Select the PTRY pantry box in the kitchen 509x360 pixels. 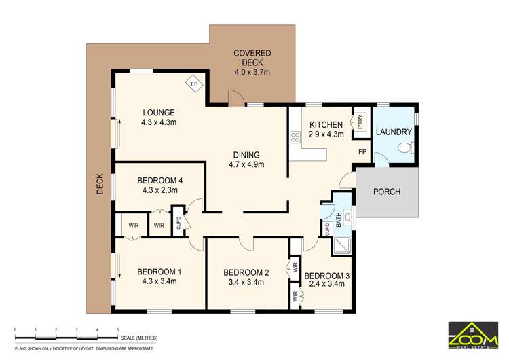(359, 122)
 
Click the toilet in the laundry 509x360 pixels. (406, 148)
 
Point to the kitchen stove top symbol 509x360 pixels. (295, 139)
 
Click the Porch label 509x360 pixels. (387, 192)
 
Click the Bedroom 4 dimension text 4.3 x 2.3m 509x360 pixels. (159, 190)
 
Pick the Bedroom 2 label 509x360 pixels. (246, 272)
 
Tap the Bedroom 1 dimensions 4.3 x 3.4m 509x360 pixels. (159, 281)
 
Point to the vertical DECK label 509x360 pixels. (100, 183)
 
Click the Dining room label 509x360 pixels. (246, 154)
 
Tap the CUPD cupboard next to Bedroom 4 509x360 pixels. (178, 221)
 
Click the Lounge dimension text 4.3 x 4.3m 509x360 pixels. (159, 123)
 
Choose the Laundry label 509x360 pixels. (394, 132)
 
